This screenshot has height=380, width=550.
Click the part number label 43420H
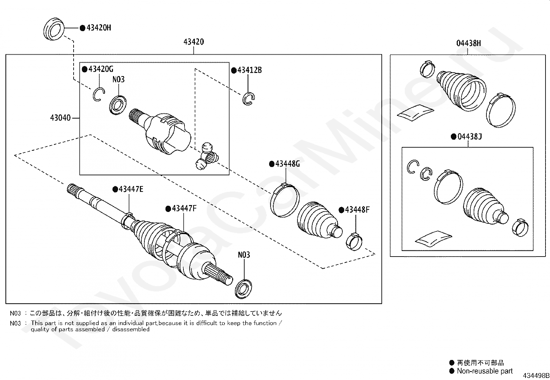[98, 28]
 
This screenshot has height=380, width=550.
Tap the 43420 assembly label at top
[193, 42]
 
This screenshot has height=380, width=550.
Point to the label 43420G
[101, 69]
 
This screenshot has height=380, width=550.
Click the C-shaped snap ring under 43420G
[98, 94]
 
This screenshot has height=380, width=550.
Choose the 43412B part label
[249, 70]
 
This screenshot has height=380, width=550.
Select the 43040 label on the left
[60, 118]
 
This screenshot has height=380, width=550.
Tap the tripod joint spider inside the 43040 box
[206, 157]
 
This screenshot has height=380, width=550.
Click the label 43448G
[287, 164]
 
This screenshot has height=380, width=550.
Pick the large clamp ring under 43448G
[284, 201]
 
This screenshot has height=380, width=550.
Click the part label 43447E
[131, 189]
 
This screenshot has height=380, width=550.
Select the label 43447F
[184, 208]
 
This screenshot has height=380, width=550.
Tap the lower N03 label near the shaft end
[244, 255]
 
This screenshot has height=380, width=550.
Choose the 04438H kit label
[468, 43]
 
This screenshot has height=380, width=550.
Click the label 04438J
[470, 137]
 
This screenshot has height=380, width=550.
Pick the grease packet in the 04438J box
[433, 238]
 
